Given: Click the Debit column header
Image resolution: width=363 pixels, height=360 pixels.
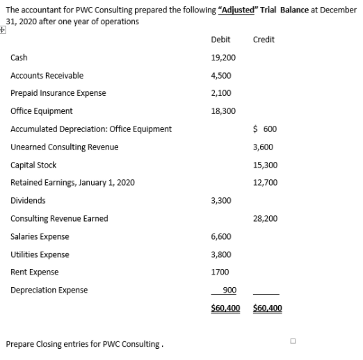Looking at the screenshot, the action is [220, 40].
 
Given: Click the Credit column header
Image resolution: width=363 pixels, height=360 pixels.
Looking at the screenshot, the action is [264, 40].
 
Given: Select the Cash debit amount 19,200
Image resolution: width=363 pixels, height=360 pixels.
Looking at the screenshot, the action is [223, 58].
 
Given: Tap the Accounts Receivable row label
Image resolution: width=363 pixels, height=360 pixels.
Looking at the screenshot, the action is [47, 76].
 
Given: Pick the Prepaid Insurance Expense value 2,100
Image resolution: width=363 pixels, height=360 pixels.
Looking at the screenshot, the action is [220, 93].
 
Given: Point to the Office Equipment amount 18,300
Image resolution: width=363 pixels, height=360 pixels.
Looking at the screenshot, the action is [223, 111].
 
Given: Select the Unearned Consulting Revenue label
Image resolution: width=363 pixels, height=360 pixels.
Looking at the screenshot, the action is [65, 147].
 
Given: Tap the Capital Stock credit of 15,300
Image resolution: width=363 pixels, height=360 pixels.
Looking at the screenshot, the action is [267, 165].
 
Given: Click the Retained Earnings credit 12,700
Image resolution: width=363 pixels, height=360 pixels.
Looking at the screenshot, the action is [267, 183].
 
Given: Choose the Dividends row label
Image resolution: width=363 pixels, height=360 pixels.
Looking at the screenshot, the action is [29, 201].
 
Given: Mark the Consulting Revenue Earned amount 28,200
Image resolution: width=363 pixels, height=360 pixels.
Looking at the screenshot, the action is [267, 218].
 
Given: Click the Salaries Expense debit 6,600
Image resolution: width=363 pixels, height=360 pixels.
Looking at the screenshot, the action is [220, 236].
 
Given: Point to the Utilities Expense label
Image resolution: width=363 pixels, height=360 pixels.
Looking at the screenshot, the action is [39, 254].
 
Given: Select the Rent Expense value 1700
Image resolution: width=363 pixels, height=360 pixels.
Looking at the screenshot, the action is [219, 272].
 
